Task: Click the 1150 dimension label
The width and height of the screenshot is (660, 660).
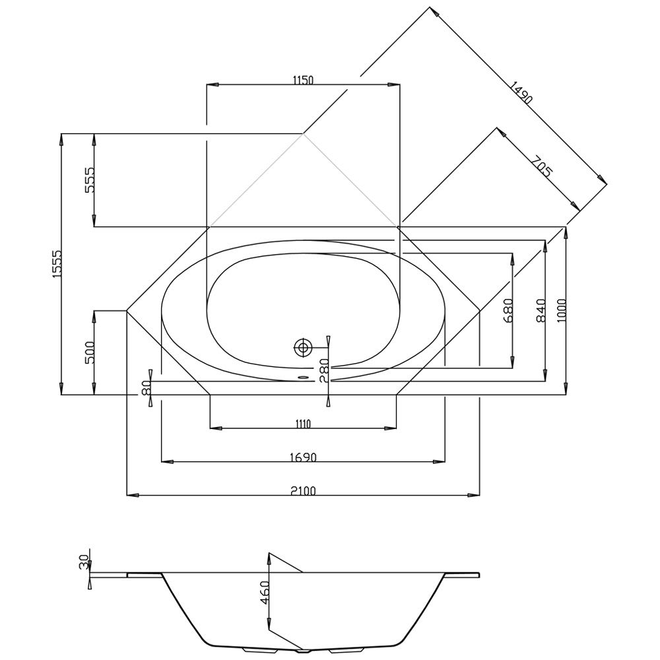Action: point(303,80)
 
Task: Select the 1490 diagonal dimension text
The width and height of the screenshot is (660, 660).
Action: point(521,92)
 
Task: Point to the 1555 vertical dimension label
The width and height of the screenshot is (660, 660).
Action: point(57,263)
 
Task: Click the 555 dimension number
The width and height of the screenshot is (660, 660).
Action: point(90,180)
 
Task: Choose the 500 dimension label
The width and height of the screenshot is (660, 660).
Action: point(90,352)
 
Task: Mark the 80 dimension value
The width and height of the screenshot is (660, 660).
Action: point(146,387)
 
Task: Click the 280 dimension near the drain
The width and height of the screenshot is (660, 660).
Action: point(323,370)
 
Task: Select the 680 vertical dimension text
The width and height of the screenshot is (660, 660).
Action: point(508,310)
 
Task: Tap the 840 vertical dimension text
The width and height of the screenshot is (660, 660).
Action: point(541,310)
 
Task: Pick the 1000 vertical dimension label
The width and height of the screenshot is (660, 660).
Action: point(562,310)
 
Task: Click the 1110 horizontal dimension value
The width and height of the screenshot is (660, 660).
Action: point(303,424)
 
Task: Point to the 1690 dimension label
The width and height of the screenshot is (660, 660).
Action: point(303,457)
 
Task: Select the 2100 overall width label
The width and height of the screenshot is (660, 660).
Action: point(303,491)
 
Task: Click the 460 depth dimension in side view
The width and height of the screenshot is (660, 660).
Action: point(265,592)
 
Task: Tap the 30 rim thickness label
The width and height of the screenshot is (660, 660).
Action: point(84,562)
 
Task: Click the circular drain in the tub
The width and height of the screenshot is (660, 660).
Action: point(302,348)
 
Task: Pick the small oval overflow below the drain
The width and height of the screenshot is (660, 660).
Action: point(303,378)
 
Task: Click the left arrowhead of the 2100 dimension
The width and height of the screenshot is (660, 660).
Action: point(133,496)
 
